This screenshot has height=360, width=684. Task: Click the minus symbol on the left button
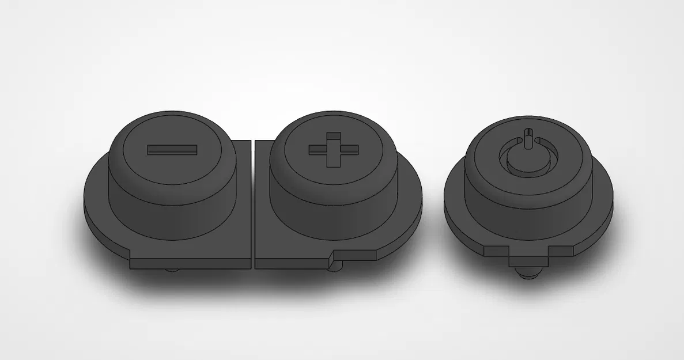pyautogui.click(x=172, y=150)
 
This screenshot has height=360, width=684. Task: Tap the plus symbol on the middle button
pyautogui.click(x=333, y=150)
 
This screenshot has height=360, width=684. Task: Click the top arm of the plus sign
pyautogui.click(x=333, y=138)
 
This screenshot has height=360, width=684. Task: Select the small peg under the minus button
pyautogui.click(x=171, y=270)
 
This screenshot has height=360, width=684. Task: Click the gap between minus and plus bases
pyautogui.click(x=254, y=202)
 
